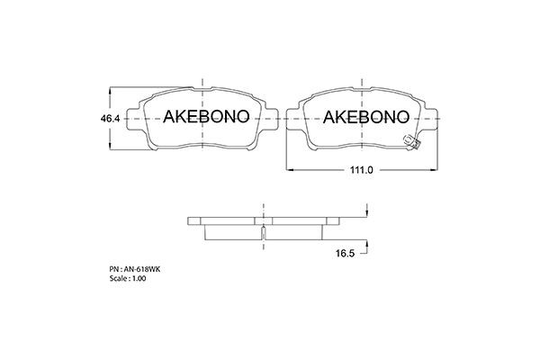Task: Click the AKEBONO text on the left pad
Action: click(205, 117)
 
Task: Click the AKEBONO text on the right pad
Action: click(364, 117)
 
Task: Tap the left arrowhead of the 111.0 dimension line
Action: click(289, 169)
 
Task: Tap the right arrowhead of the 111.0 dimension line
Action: click(437, 169)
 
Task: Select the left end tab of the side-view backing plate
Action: click(193, 220)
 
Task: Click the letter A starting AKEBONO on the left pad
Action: click(168, 117)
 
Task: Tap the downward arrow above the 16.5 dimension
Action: click(367, 212)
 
